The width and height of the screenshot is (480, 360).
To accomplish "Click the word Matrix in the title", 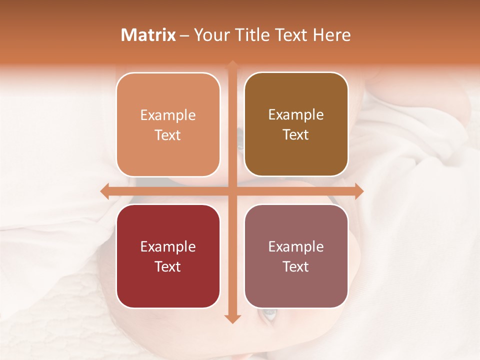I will pos(148,35).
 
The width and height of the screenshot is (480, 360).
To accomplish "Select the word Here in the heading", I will pos(331,35).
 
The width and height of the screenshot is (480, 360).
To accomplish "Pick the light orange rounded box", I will pos(168,125).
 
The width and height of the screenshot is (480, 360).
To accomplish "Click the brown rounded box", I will pos(296,124).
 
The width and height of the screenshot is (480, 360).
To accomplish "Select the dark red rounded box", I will pos(168,256).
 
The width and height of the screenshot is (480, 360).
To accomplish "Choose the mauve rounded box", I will pos(296,256).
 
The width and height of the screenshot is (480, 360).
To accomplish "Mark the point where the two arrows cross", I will pos(232,191).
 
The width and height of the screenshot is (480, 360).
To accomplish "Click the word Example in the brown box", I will pos(296,114).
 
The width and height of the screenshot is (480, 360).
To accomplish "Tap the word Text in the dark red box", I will pos(168,266).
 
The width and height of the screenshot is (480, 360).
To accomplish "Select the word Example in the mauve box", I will pos(296,246).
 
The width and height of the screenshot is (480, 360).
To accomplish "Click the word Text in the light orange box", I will pos(168,135).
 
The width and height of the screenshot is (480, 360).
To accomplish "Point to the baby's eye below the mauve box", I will pos(269,314).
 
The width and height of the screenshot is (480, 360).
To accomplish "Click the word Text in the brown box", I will pos(296,135).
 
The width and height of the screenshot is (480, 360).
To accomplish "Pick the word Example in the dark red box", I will pos(168,246).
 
